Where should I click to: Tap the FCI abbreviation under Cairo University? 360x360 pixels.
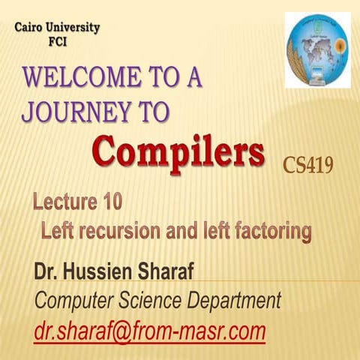[57, 42]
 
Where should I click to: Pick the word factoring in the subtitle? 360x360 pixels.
[271, 231]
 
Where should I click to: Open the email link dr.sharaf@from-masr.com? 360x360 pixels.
[150, 331]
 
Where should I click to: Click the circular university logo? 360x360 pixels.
[316, 50]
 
